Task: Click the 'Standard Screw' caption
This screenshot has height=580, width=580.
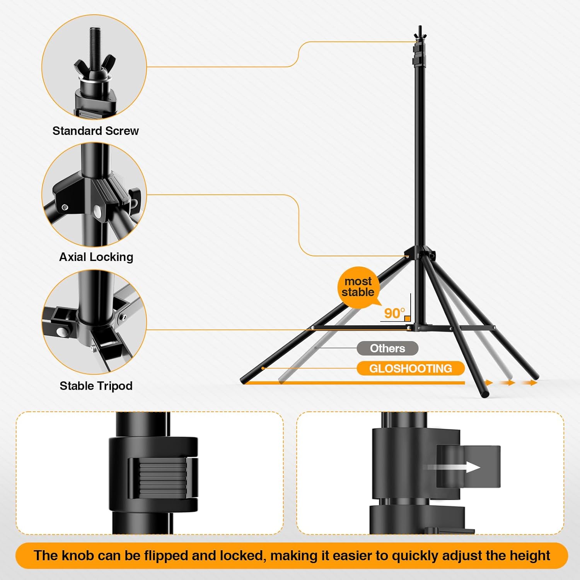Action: (x=96, y=131)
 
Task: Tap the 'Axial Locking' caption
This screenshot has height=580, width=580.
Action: (x=96, y=257)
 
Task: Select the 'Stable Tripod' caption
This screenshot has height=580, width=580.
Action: (x=96, y=386)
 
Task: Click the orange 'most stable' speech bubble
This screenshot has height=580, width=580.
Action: (x=358, y=287)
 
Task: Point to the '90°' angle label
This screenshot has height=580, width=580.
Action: (x=394, y=313)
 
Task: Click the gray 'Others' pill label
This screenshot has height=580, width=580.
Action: (x=387, y=348)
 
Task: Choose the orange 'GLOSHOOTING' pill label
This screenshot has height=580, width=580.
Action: (x=410, y=368)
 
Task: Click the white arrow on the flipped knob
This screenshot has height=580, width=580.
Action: (x=470, y=467)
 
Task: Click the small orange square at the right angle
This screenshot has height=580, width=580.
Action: (x=407, y=319)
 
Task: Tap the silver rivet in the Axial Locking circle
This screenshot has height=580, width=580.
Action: (x=97, y=211)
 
